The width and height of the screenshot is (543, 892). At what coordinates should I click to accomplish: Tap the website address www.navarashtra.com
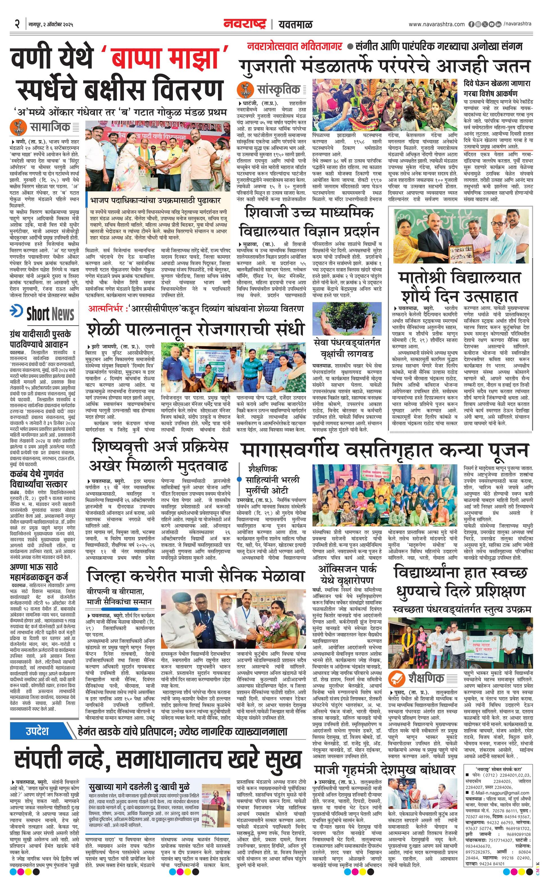click(x=436, y=24)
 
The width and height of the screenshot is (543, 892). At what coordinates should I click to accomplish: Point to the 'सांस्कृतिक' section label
click(x=278, y=89)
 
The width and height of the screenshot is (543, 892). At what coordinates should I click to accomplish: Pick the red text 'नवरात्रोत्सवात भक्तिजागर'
click(x=295, y=46)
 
